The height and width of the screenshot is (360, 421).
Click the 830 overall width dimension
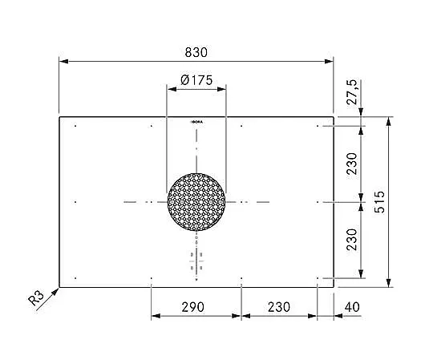(196, 52)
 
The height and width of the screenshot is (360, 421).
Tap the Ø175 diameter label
(196, 80)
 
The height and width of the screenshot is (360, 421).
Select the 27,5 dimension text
(352, 92)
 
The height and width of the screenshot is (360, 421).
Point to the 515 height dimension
(379, 202)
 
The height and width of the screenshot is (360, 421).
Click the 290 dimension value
(192, 307)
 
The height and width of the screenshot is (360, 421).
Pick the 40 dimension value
(352, 307)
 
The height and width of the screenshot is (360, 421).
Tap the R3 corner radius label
(36, 298)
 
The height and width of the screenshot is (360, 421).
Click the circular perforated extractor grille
(196, 202)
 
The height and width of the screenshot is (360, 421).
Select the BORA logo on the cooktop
(196, 122)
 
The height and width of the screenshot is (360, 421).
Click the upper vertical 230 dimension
(352, 164)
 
